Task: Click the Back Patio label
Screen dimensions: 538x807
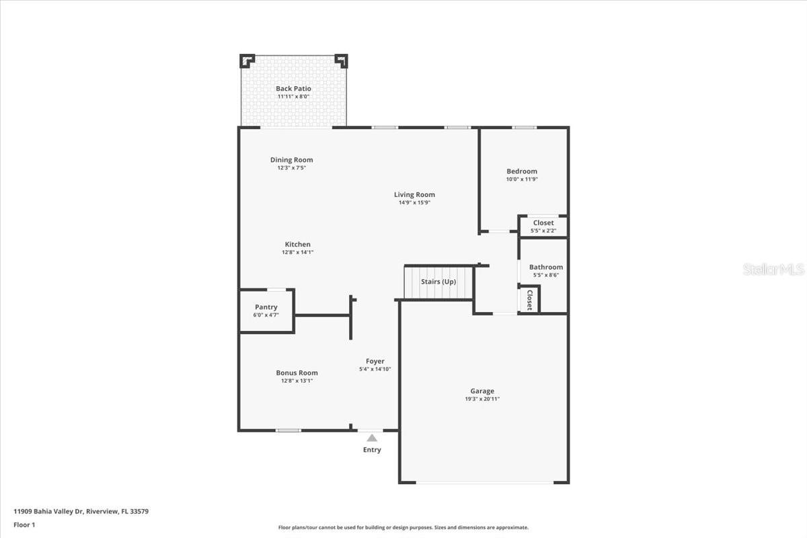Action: pos(293,89)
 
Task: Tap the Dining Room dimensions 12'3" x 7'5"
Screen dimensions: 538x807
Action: pos(291,168)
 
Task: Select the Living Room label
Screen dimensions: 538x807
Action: pos(414,195)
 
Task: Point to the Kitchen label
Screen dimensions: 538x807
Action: pos(297,244)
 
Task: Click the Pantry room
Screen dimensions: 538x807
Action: pos(266,311)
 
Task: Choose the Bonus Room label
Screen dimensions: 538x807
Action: pos(297,373)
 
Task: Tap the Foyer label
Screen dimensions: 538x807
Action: pos(375,361)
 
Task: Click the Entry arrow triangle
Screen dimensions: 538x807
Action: pos(372,438)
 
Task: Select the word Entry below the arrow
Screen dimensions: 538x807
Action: pos(372,450)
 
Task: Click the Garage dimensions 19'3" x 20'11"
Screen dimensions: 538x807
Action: pos(482,399)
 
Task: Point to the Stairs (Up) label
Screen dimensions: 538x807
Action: pos(438,282)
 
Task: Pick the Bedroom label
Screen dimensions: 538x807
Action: pos(522,171)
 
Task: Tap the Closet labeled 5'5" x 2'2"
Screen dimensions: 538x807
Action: pos(543,227)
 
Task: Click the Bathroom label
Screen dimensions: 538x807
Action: pos(545,267)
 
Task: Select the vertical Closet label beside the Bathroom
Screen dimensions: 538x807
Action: pos(529,299)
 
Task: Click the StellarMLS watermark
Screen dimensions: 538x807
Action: pos(773,270)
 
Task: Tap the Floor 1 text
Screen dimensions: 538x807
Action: pos(24,524)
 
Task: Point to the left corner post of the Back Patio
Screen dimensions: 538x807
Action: pos(247,61)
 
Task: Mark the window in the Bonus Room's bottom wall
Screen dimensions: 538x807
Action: pos(288,430)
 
